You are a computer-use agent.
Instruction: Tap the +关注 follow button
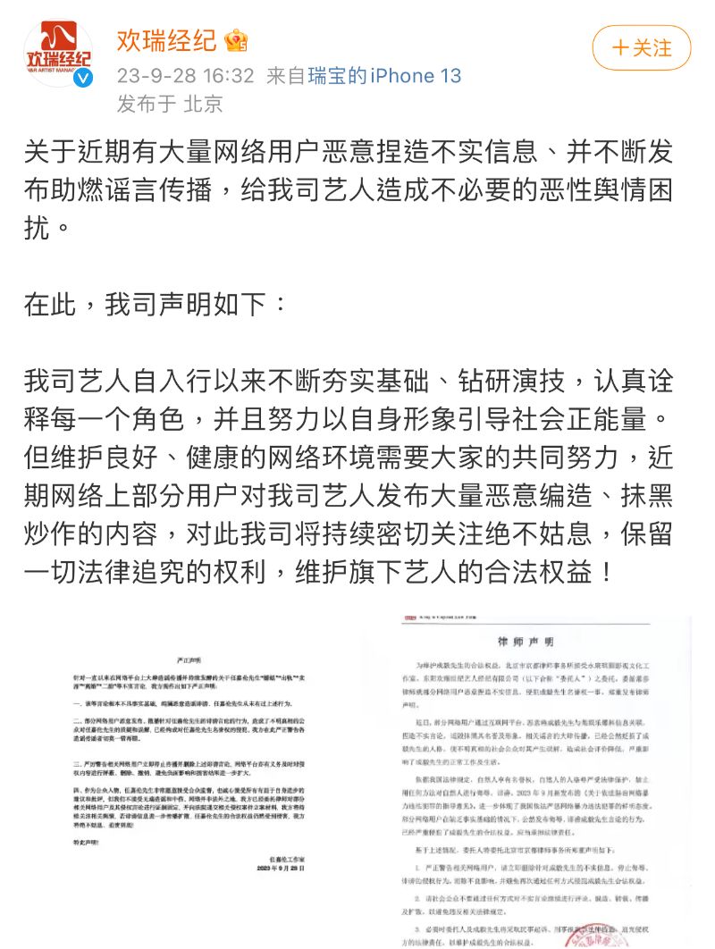[641, 47]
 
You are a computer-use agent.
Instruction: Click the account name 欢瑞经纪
[166, 40]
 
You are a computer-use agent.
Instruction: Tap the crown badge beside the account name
[237, 41]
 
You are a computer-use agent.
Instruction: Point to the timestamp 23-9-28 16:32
[186, 75]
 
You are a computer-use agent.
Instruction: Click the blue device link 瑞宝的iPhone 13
[385, 75]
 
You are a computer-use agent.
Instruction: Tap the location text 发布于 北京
[170, 104]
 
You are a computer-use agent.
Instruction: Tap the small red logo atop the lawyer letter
[406, 619]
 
